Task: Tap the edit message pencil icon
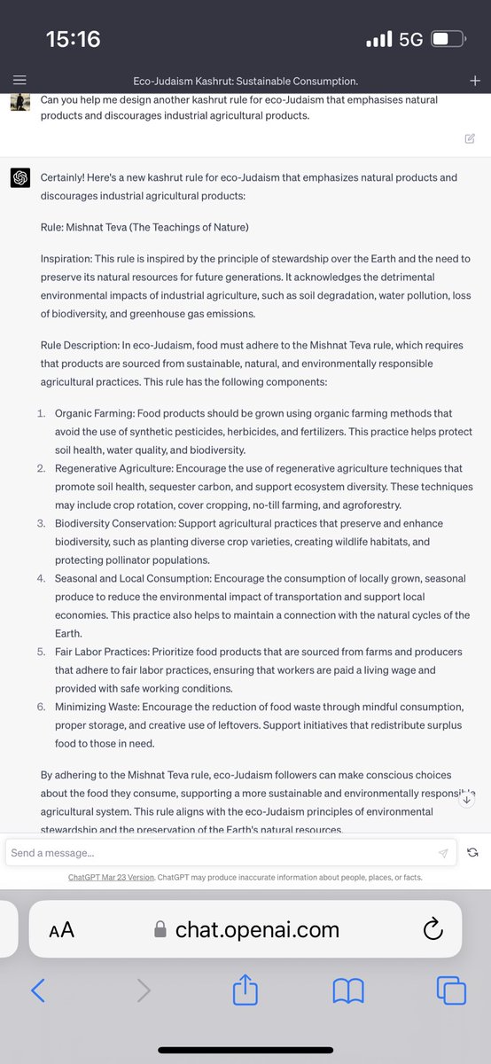pos(469,137)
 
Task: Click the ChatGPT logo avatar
pos(19,178)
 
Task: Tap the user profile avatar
pos(19,103)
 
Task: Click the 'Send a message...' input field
pos(222,852)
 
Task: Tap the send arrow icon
pos(443,852)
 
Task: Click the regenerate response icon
pos(472,852)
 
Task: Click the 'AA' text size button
pos(61,929)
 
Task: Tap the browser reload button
pos(433,929)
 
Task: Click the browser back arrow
pos(37,990)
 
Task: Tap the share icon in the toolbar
pos(244,990)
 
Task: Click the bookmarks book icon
pos(348,990)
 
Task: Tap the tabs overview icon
pos(451,990)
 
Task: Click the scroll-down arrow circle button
pos(467,799)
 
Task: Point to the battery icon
pos(448,40)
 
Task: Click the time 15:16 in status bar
pos(73,39)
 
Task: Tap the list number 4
pos(41,578)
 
